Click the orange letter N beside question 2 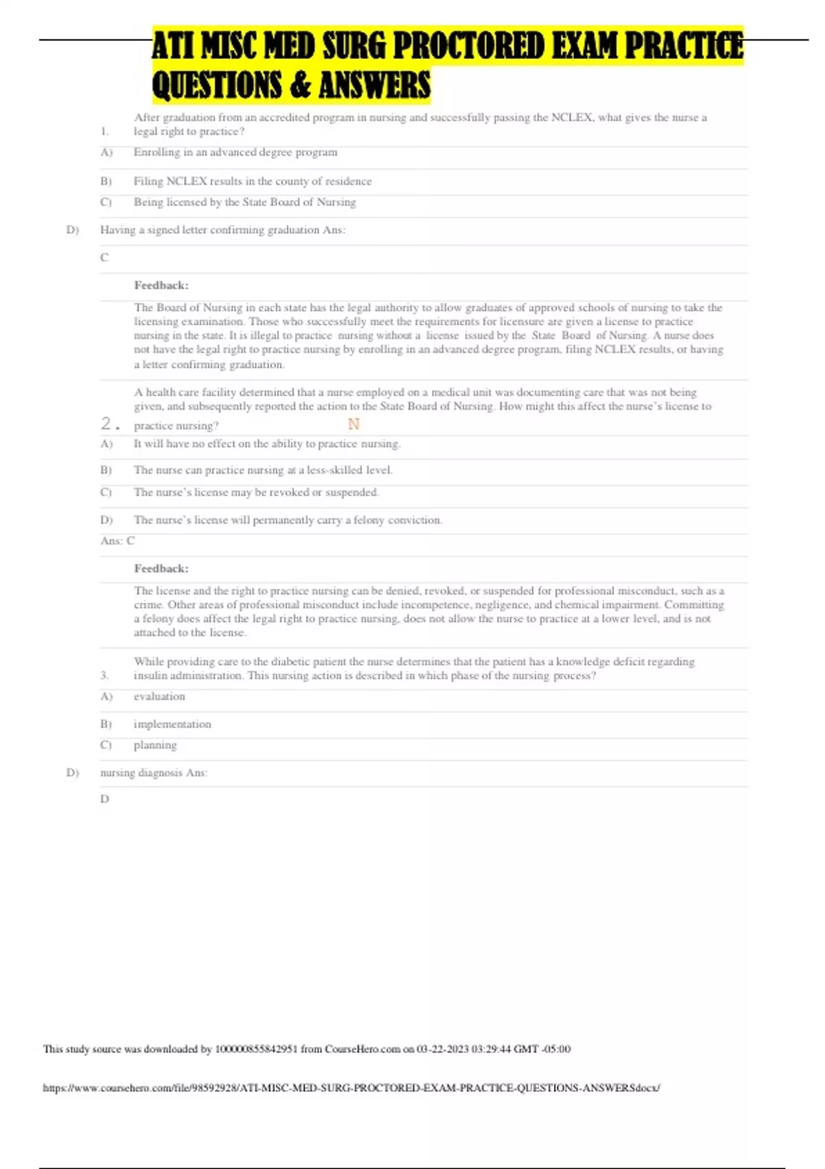353,424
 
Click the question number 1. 104,131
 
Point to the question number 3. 104,675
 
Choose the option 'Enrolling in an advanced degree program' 235,152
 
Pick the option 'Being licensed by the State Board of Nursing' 245,202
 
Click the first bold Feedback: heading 161,285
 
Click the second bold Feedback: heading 161,569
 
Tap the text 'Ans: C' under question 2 118,540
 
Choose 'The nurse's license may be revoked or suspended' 256,492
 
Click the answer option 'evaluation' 159,697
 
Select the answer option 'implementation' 172,724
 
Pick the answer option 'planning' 155,745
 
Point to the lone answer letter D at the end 104,799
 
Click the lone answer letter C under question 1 104,257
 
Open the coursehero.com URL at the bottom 351,1088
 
